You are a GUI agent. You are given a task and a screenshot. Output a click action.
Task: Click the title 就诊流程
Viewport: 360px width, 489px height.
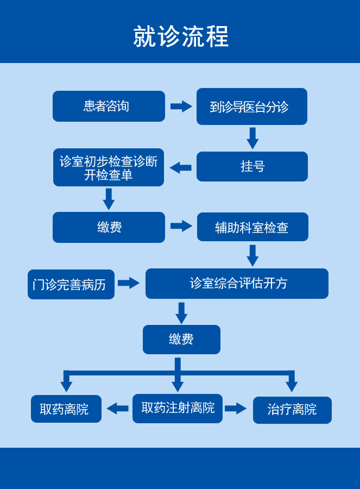[x=181, y=36]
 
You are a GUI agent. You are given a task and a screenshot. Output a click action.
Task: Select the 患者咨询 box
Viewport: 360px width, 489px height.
[x=109, y=106]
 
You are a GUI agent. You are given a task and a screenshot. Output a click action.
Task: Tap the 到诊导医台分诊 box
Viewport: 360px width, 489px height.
[x=251, y=106]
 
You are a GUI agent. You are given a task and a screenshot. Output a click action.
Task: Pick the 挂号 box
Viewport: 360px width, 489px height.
[x=252, y=166]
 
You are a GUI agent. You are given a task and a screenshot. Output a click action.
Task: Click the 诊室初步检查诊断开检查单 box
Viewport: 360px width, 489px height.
[x=109, y=167]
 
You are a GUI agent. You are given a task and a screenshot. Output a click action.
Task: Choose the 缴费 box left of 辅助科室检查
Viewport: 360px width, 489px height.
[x=109, y=227]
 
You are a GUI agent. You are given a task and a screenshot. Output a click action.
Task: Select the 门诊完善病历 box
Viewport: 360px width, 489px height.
[x=71, y=284]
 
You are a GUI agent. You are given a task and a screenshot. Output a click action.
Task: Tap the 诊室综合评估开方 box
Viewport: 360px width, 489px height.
[x=237, y=284]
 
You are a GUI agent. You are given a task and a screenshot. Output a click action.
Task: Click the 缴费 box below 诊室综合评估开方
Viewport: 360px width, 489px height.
[x=181, y=340]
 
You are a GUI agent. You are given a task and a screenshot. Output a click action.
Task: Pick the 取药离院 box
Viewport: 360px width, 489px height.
[x=66, y=409]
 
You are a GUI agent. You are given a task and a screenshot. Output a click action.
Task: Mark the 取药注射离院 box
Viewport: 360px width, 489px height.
[x=178, y=409]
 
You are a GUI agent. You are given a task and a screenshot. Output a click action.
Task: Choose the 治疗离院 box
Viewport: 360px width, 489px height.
[x=292, y=410]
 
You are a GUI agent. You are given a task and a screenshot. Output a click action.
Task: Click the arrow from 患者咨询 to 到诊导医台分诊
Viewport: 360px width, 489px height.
[x=181, y=106]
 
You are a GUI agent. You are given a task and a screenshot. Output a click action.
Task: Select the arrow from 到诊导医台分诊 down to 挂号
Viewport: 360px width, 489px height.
[x=252, y=138]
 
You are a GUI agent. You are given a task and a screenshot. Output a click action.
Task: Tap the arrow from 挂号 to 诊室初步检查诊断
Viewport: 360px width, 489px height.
[x=180, y=167]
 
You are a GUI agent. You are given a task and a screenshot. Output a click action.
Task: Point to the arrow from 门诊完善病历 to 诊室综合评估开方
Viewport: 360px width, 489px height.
[x=129, y=283]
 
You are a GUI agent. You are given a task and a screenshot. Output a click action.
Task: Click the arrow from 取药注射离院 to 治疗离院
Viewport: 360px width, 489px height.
[x=236, y=409]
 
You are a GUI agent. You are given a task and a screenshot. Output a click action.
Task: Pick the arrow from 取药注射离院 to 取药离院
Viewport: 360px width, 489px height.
[x=117, y=409]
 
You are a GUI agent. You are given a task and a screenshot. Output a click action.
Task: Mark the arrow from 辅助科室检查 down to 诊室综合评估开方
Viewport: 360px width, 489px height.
[x=252, y=255]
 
